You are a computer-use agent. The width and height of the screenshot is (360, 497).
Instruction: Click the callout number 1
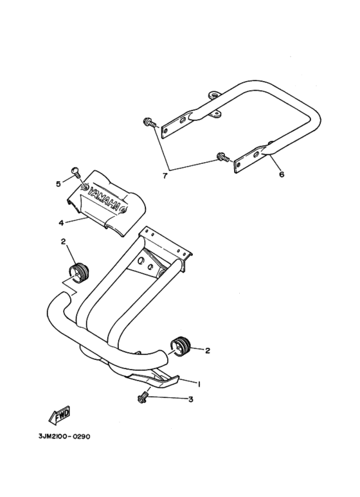click(x=199, y=384)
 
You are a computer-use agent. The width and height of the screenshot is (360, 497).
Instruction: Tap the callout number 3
click(x=190, y=399)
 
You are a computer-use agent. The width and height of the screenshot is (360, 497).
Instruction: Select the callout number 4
click(x=61, y=223)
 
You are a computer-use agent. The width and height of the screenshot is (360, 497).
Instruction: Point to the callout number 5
click(x=59, y=184)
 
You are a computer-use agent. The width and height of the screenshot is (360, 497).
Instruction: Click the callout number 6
click(x=282, y=174)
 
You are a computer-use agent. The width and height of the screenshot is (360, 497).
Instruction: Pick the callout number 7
click(x=165, y=176)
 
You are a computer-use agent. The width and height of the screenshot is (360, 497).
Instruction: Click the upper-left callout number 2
click(x=63, y=242)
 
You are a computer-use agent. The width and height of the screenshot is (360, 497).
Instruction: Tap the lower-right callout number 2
click(x=208, y=350)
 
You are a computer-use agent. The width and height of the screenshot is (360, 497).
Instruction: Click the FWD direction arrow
click(x=59, y=415)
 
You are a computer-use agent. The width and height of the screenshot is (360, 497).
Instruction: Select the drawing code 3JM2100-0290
click(x=64, y=437)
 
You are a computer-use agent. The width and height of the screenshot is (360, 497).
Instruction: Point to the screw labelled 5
click(x=76, y=172)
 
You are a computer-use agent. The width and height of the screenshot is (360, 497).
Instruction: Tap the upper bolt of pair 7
click(x=149, y=122)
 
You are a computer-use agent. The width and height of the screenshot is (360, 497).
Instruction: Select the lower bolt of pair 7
click(x=223, y=157)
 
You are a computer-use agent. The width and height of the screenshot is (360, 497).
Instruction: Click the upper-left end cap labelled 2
click(x=78, y=273)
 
